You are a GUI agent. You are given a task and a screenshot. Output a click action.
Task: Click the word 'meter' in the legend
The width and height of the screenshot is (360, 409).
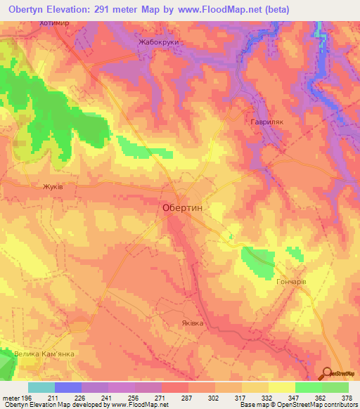click(x=10, y=398)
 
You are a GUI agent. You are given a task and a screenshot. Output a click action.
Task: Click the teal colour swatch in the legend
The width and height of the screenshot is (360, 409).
click(x=41, y=387)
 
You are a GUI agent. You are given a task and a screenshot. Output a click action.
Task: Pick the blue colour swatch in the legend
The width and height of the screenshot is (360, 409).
click(x=68, y=387)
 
